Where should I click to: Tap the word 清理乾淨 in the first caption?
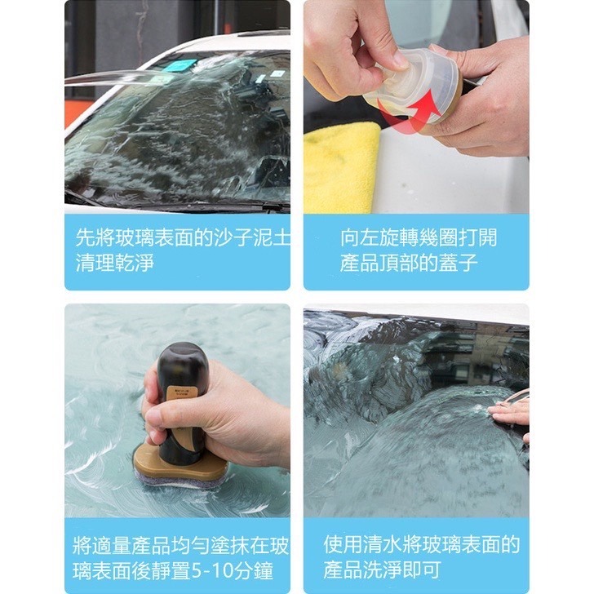point(115,263)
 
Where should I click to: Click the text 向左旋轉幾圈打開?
point(418,237)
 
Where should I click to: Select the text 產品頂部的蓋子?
point(409,263)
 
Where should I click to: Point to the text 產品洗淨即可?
point(380,571)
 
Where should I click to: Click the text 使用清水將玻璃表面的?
point(421,545)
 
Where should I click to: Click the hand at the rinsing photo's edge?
point(512,412)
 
